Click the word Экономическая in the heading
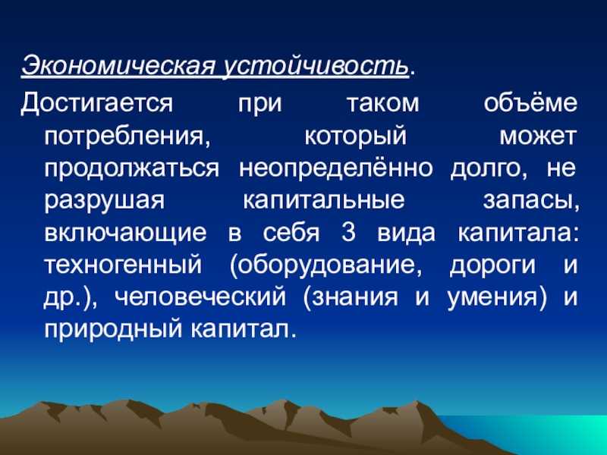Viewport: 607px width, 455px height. (x=118, y=66)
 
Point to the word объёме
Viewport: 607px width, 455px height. (x=530, y=102)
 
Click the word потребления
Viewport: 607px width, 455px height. (x=127, y=137)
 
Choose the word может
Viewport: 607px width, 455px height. (x=538, y=136)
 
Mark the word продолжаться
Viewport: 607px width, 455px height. (x=131, y=169)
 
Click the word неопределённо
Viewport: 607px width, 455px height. (x=335, y=168)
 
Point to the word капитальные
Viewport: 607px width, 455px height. (x=324, y=200)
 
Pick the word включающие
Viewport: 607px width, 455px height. (x=125, y=234)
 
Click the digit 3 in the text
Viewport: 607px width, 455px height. (x=348, y=233)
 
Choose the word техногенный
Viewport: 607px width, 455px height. (x=123, y=265)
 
